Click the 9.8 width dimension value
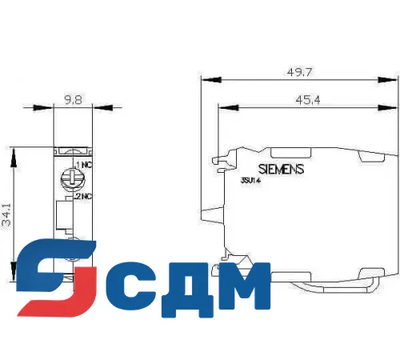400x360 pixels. (x=73, y=102)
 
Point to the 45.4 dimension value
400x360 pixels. (x=307, y=100)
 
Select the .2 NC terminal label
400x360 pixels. (x=82, y=194)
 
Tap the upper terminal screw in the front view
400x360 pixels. (x=73, y=174)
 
